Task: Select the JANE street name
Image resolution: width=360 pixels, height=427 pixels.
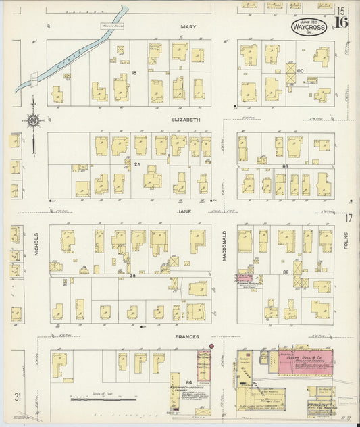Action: (184, 211)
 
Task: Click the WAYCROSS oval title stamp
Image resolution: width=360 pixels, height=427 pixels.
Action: (309, 26)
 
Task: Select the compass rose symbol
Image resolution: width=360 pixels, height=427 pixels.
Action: (32, 121)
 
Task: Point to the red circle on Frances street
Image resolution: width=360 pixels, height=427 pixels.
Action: (211, 346)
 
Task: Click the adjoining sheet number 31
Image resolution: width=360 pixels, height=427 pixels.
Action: (25, 397)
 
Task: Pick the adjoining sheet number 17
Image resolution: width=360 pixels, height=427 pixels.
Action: (349, 218)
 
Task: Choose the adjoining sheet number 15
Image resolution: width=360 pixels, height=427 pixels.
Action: (342, 10)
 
